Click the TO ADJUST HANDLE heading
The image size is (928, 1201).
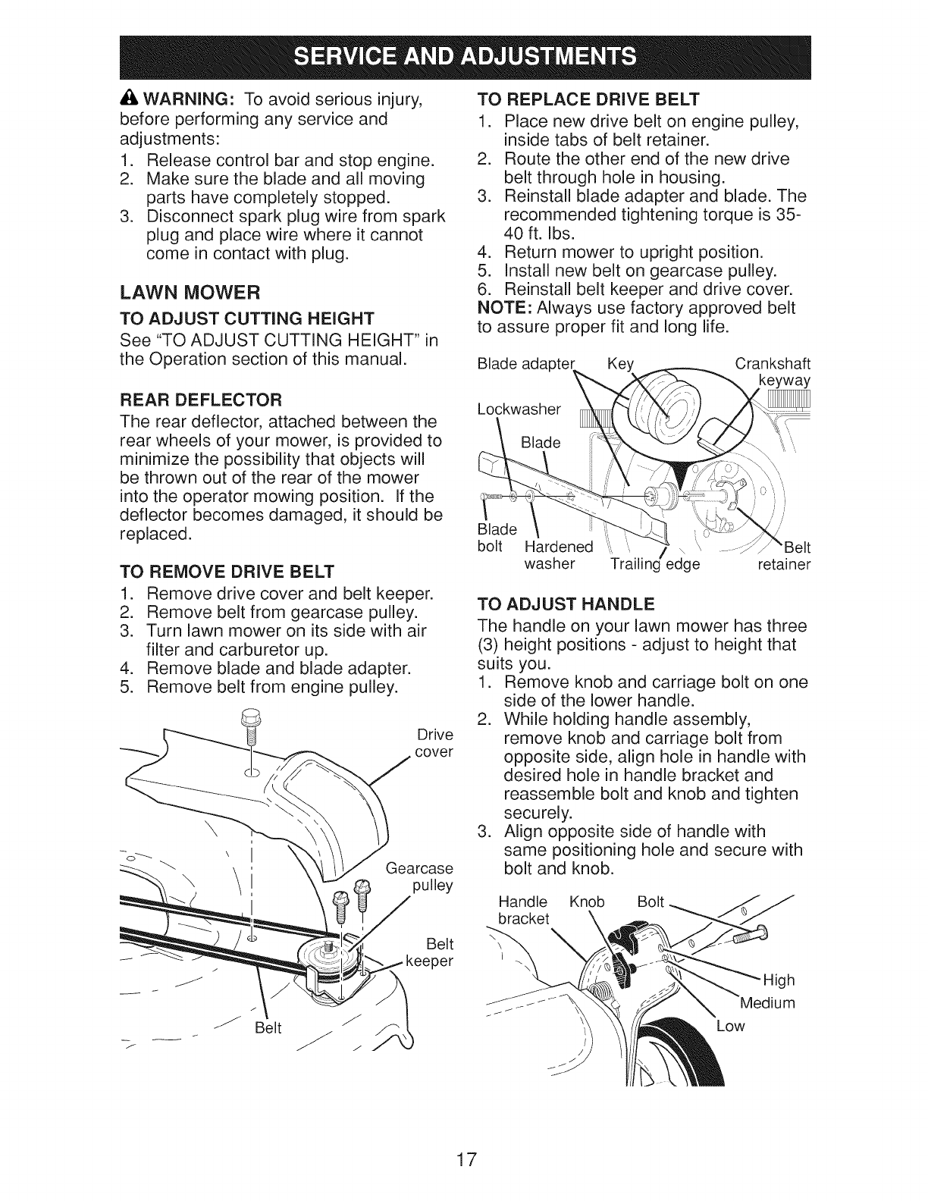click(565, 605)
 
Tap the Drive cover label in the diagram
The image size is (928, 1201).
click(434, 743)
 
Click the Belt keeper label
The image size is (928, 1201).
click(429, 952)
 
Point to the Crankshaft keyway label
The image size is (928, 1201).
click(773, 372)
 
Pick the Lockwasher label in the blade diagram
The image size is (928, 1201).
click(519, 410)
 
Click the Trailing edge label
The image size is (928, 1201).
click(655, 564)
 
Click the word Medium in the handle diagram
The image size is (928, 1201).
click(767, 1003)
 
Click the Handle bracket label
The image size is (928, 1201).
click(523, 911)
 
